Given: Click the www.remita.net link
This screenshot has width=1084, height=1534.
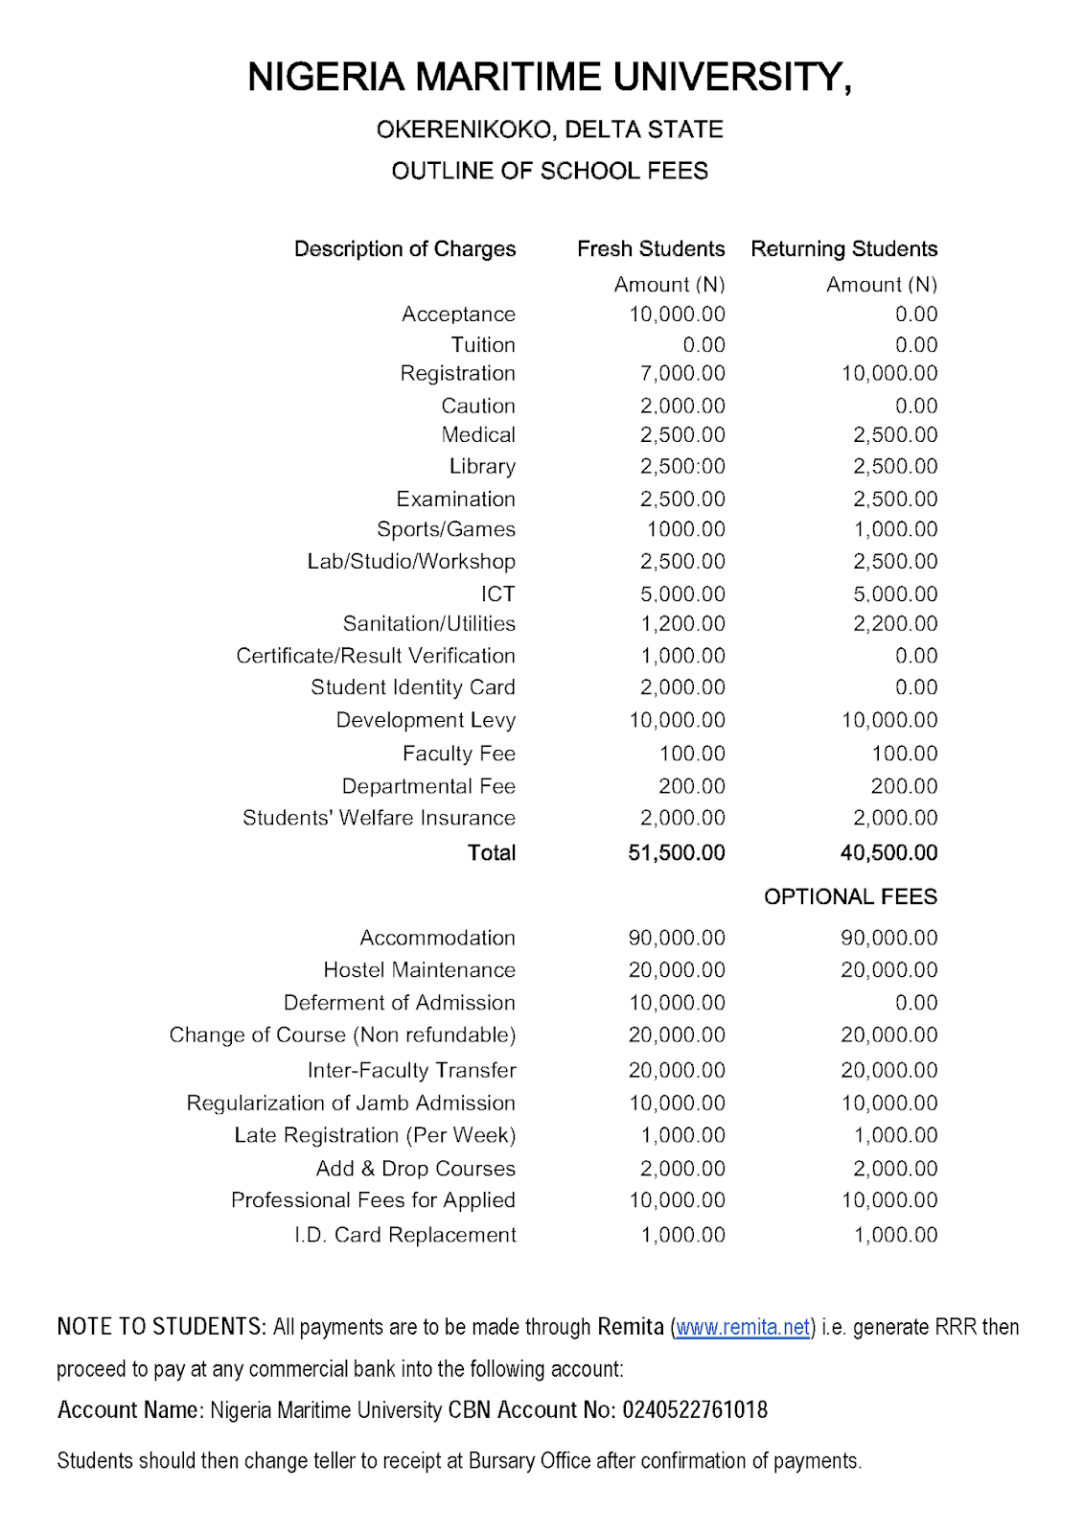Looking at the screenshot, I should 743,1327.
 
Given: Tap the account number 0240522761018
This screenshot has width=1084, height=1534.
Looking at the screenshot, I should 695,1410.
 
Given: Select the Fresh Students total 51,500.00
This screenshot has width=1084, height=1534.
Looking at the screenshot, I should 676,852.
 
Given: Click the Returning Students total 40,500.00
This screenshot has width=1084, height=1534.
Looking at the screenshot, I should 888,852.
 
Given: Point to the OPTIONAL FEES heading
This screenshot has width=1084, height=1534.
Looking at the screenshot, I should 850,896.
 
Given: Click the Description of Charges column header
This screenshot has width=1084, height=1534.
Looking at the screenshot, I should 404,249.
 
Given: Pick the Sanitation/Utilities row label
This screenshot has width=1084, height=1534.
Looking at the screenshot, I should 428,624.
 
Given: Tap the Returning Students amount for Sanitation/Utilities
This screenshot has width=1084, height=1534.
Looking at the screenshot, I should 895,624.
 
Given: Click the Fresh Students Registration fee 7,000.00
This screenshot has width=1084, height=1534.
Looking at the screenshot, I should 682,374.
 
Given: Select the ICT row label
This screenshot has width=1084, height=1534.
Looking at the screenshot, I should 497,594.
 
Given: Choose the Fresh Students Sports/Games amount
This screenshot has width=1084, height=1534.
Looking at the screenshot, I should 685,529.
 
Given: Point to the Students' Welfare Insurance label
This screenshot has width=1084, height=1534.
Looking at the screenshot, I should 379,818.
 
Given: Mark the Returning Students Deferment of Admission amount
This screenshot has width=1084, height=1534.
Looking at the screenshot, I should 915,1003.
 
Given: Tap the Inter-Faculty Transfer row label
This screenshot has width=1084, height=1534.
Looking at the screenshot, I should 411,1070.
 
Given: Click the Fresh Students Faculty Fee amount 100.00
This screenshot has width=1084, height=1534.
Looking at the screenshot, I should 692,754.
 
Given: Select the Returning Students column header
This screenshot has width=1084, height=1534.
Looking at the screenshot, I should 843,249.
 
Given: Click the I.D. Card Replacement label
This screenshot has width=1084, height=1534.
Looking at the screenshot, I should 404,1235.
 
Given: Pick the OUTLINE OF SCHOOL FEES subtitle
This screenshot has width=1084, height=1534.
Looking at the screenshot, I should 549,171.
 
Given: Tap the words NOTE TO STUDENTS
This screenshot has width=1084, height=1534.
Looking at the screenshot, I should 161,1327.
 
